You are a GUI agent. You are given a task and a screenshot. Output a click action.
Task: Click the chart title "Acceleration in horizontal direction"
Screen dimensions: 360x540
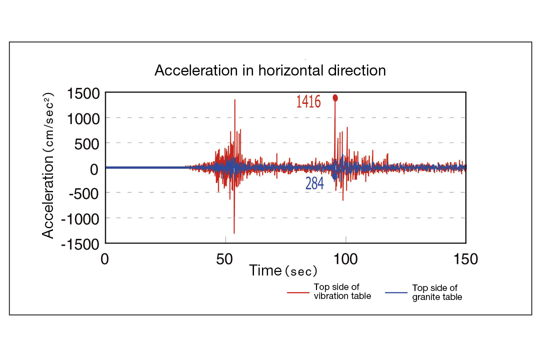270,70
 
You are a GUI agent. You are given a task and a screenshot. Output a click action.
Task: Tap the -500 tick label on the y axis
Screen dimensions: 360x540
84,193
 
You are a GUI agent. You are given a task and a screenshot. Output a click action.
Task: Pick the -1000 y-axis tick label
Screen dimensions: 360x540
80,218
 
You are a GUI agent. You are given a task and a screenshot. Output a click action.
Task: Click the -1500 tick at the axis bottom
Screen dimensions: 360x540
80,244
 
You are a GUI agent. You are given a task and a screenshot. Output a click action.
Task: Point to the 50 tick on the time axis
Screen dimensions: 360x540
225,259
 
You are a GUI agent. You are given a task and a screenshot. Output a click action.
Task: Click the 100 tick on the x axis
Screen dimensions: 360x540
345,259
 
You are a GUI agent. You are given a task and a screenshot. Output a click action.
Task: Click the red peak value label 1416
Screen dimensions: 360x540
308,101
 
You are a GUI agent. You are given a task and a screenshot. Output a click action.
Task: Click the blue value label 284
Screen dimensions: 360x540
314,184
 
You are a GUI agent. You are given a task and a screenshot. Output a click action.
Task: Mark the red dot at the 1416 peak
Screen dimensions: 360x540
335,98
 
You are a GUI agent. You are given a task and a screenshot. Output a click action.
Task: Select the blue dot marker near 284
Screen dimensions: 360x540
334,176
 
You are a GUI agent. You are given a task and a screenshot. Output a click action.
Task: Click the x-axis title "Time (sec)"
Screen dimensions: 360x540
283,271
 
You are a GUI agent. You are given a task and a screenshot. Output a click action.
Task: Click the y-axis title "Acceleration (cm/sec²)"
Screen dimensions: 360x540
49,165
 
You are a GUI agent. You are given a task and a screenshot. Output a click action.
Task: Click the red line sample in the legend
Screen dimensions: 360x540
298,292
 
